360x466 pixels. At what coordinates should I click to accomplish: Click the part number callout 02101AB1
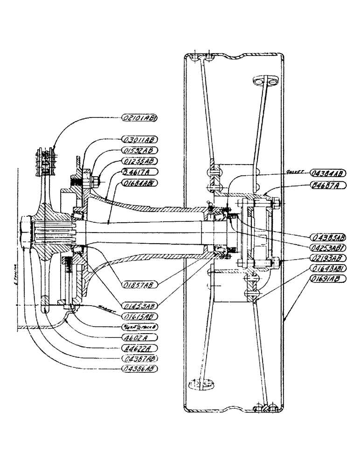pos(139,118)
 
